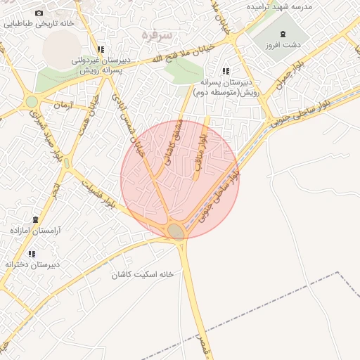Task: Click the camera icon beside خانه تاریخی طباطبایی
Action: coord(39,13)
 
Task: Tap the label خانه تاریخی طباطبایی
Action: coord(38,23)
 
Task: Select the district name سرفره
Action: coord(157,34)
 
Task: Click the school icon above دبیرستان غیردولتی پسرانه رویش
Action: coord(101,50)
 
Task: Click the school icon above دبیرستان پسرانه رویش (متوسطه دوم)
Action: coord(226,71)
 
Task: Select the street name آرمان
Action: coord(63,104)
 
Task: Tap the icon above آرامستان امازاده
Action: coord(35,219)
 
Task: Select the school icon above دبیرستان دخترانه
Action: coord(32,254)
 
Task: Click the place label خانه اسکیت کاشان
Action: coord(143,274)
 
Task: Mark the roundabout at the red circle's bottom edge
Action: coord(176,231)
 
